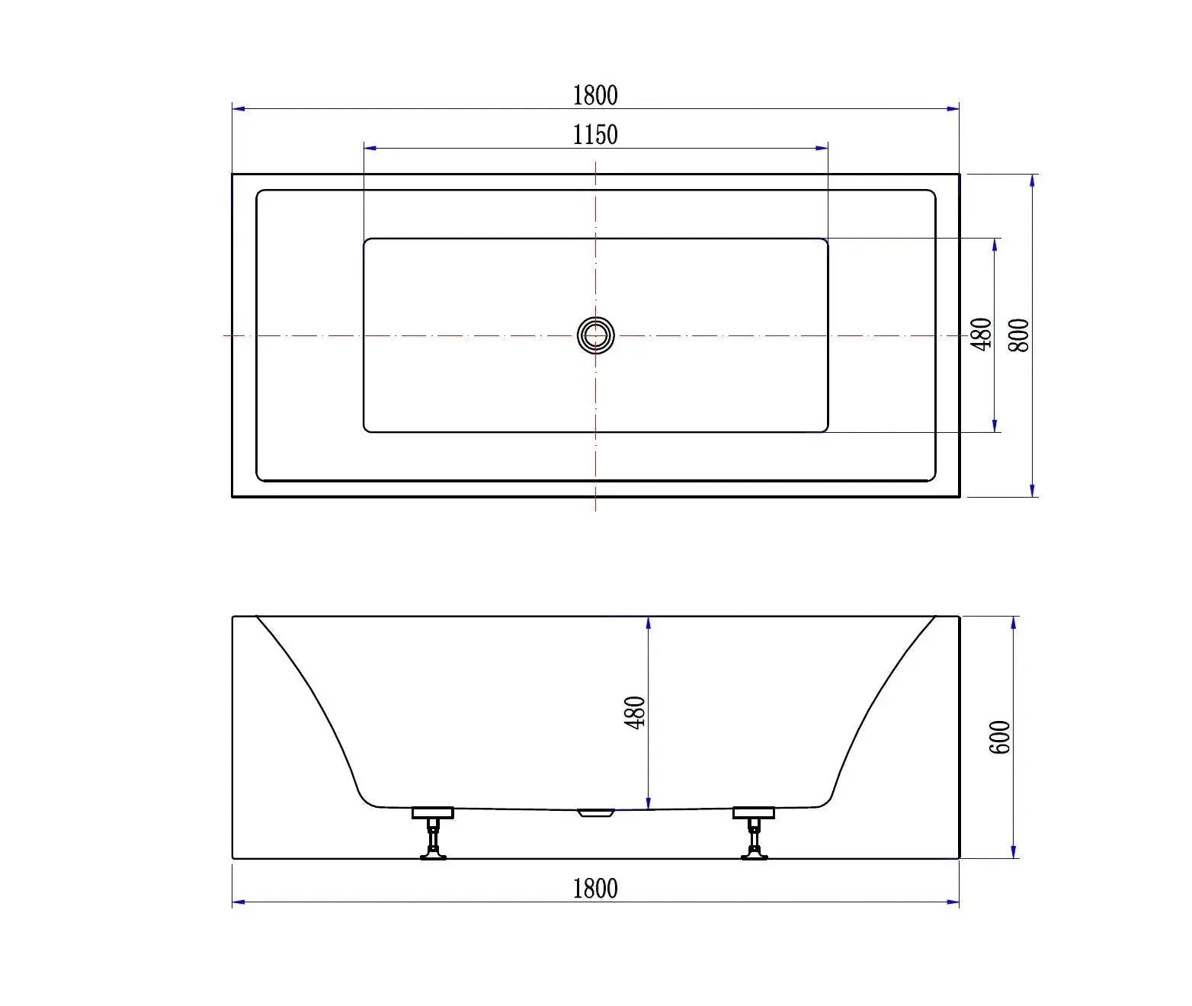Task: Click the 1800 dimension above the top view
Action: (x=595, y=95)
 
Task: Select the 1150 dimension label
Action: (x=595, y=135)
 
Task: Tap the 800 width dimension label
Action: (x=1018, y=335)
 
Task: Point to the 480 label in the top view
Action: (x=982, y=334)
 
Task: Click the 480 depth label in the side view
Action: (x=635, y=712)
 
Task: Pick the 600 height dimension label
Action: (x=999, y=737)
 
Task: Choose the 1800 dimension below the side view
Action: (x=595, y=889)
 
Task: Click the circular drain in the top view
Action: (x=595, y=335)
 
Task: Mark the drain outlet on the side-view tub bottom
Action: (x=596, y=812)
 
